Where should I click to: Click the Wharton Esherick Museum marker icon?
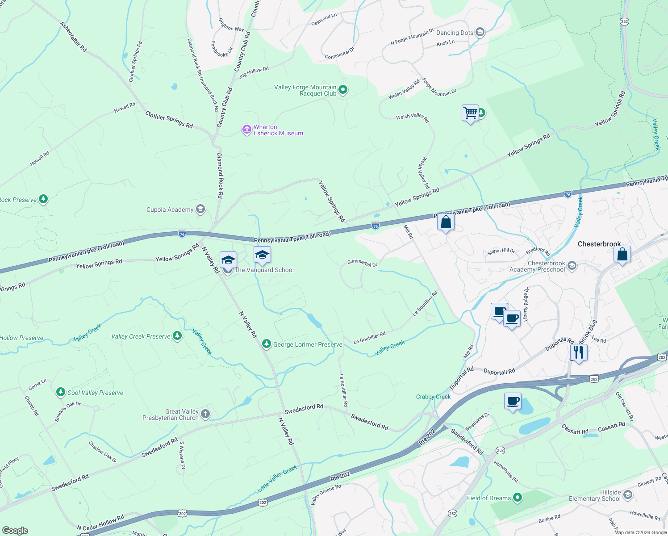coord(246,130)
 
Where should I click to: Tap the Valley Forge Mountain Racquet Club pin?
coord(343,90)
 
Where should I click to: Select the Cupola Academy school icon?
coord(200,209)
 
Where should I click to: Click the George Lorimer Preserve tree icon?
coord(267,344)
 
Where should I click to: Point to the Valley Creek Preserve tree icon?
coord(177,336)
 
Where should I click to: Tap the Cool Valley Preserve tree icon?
coord(61,392)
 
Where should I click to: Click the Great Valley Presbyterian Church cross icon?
coord(205,414)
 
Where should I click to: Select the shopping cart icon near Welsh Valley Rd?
coord(470,113)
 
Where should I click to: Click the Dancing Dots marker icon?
coord(480,32)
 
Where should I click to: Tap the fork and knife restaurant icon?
coord(578,352)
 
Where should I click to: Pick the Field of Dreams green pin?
coord(518,497)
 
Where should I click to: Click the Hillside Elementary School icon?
coord(627,494)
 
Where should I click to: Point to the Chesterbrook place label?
coord(599,244)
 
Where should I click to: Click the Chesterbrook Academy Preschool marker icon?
coord(572,266)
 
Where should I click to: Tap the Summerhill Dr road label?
coord(363,263)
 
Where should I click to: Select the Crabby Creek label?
coord(433,397)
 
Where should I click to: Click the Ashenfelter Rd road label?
coord(74,37)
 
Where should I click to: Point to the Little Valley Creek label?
coord(277,479)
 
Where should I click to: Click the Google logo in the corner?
coord(15,530)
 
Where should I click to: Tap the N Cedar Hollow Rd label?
coord(100,523)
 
